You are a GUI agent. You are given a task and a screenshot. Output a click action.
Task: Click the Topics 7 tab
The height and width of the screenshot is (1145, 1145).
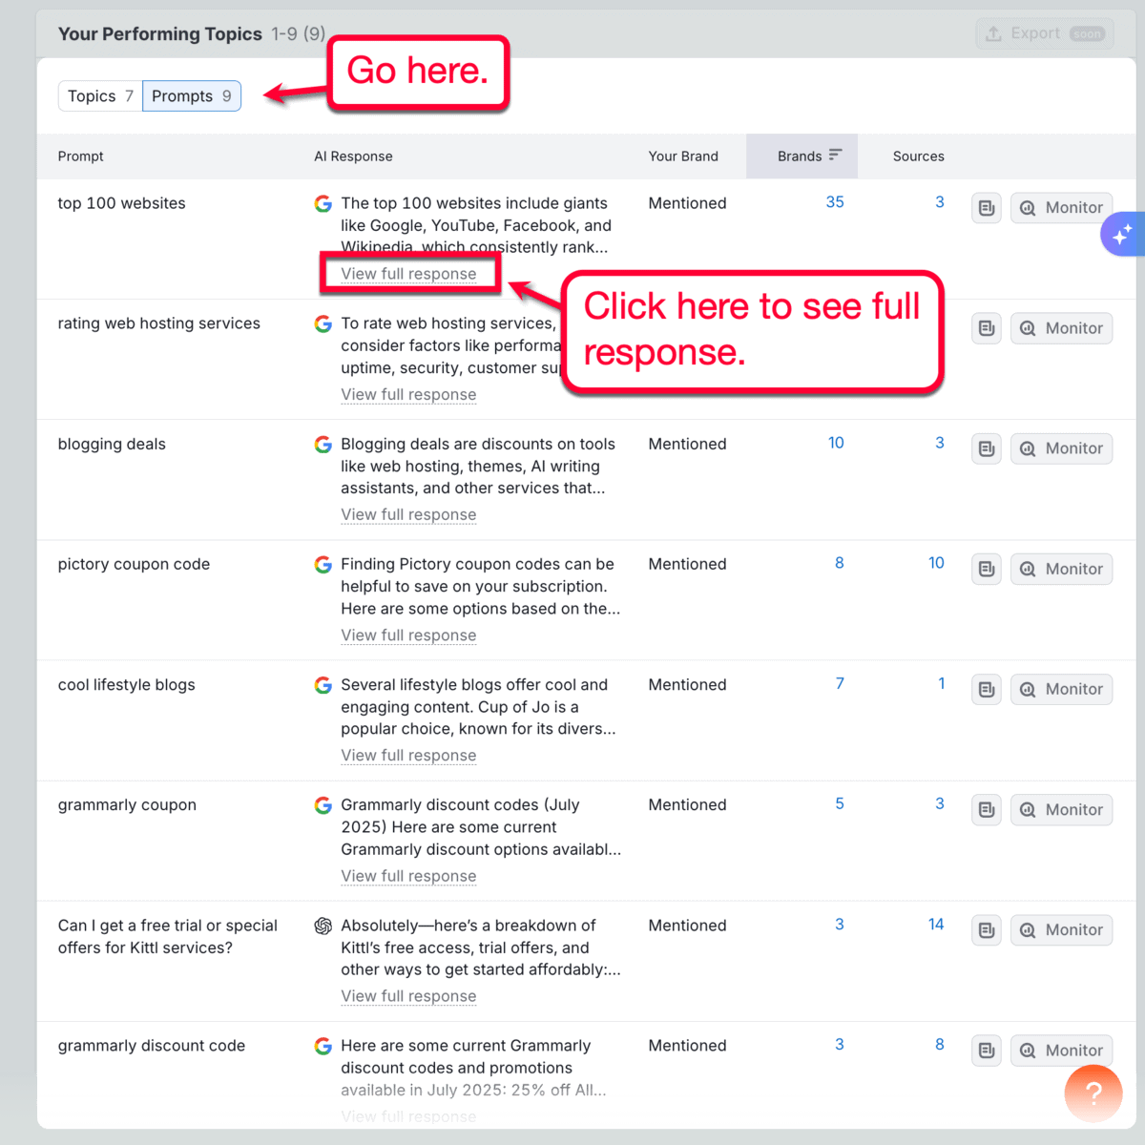click(100, 96)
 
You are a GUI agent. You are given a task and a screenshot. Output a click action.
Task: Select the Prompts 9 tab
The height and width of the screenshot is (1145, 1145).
click(192, 96)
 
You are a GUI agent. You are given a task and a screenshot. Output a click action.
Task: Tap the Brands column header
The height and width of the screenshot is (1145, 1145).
click(801, 156)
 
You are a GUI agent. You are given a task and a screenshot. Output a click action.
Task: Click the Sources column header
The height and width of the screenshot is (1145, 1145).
click(918, 156)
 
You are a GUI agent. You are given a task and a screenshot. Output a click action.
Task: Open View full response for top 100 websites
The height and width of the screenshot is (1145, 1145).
click(408, 274)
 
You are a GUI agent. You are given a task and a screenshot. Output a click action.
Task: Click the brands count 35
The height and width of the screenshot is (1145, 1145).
click(835, 202)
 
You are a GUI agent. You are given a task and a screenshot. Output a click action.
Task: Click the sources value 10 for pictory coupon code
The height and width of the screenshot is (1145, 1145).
click(936, 563)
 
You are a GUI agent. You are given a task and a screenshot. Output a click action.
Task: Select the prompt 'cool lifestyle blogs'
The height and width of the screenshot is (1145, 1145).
click(126, 685)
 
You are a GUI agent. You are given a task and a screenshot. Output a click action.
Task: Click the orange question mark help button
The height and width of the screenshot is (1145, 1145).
click(1093, 1093)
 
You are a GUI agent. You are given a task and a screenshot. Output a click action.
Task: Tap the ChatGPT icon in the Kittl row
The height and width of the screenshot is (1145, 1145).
click(323, 926)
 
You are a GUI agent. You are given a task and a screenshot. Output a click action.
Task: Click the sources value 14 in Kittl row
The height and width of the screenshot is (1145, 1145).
click(936, 924)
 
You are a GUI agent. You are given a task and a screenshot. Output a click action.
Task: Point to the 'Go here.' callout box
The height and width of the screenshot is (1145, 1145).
click(417, 73)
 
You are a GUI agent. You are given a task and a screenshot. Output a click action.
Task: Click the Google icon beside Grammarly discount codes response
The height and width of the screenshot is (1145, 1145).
click(323, 805)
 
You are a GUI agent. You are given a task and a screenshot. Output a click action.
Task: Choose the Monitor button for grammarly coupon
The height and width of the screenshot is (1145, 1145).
click(1061, 810)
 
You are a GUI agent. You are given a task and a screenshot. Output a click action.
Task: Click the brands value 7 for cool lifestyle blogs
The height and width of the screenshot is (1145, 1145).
click(840, 683)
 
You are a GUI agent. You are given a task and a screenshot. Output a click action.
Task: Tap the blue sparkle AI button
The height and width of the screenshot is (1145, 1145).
click(1122, 233)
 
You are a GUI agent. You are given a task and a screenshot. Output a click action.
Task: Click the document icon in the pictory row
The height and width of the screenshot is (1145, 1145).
click(987, 570)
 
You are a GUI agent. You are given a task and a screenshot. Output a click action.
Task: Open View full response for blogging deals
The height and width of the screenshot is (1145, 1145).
click(408, 515)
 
